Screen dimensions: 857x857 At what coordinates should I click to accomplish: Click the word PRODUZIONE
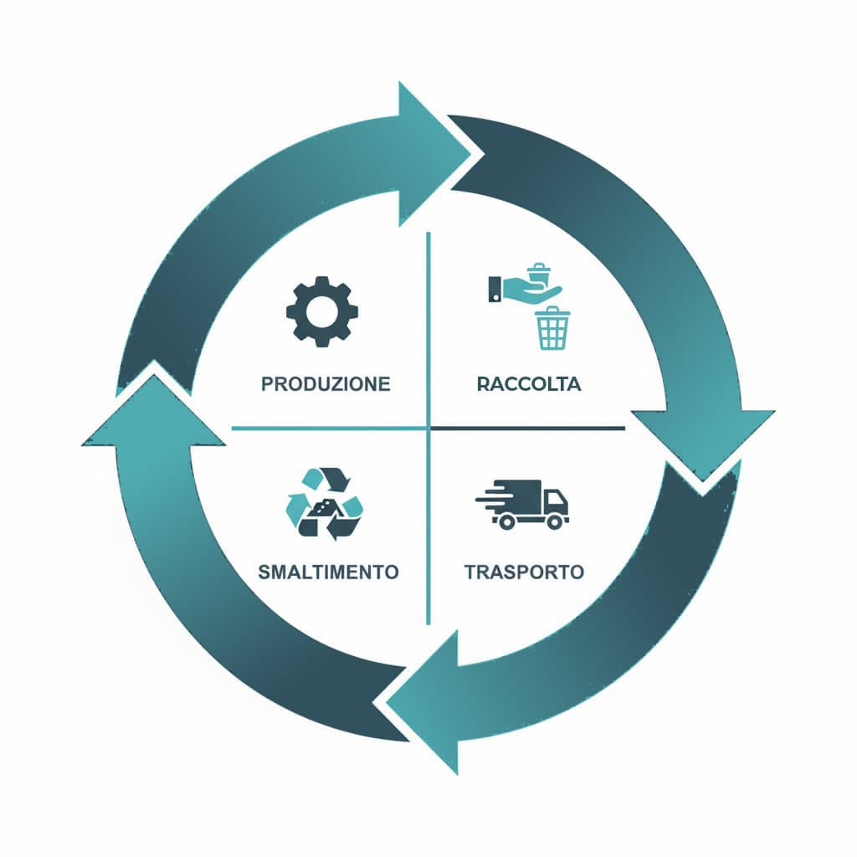326,384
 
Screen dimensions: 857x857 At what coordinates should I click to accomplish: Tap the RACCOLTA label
529,384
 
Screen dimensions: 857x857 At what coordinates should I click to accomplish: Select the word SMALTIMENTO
328,572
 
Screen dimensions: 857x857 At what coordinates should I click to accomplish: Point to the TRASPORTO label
524,572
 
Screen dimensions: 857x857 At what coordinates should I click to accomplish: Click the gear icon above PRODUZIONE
322,311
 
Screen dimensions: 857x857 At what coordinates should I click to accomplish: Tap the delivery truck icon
523,505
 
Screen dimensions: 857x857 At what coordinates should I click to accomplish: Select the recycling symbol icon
325,504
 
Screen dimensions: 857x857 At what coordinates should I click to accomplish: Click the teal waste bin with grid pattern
552,328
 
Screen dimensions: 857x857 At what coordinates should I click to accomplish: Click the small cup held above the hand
540,274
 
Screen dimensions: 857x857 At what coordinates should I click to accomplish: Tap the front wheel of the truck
554,521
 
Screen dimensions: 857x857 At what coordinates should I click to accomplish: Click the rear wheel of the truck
505,521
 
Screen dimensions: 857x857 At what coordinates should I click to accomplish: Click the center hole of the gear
322,311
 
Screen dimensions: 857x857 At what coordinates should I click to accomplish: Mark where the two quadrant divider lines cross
428,428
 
